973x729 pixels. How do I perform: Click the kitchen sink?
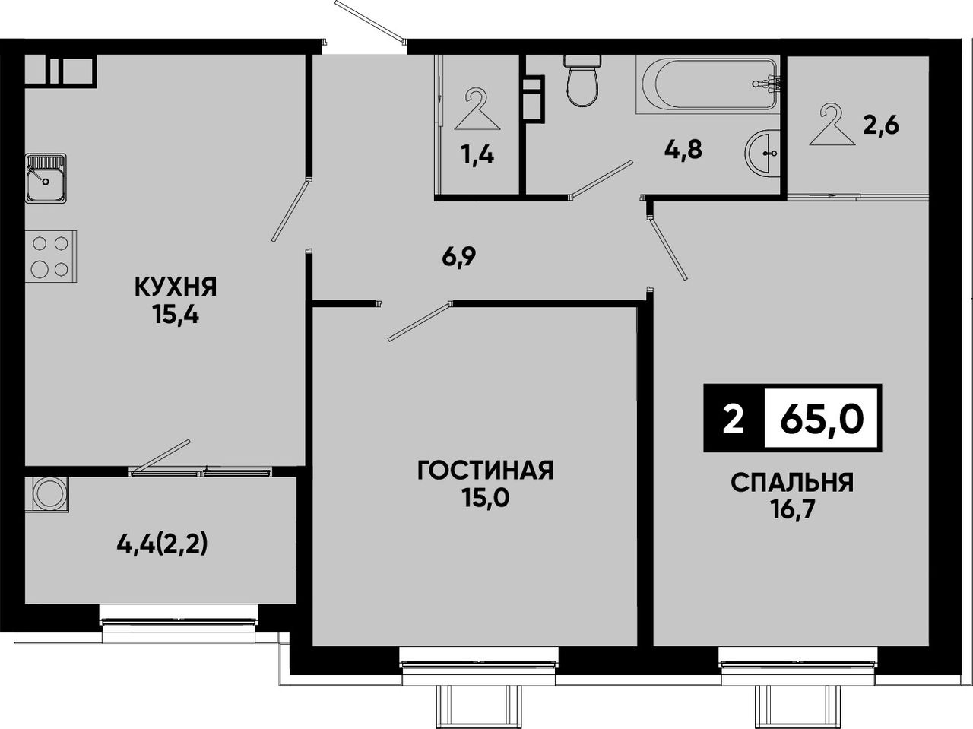(46, 178)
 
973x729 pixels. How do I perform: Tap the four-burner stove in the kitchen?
(50, 256)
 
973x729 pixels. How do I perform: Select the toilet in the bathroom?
(582, 81)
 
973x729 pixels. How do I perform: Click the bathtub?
(708, 84)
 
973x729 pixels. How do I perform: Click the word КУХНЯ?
(176, 287)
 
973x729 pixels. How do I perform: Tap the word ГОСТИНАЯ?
(486, 471)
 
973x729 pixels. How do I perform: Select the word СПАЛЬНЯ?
(791, 483)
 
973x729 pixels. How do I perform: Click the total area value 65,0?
(822, 418)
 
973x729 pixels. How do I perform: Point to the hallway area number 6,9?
(459, 257)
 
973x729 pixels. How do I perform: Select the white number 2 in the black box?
(734, 419)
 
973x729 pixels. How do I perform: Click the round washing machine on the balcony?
(47, 495)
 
